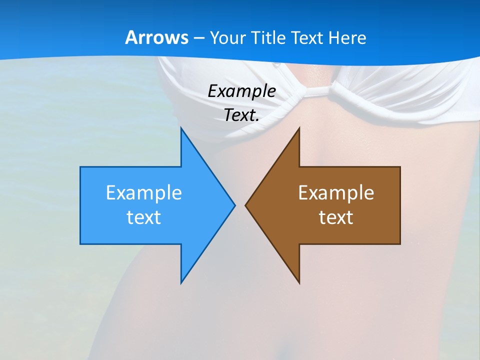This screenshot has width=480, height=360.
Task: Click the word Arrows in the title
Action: point(157,37)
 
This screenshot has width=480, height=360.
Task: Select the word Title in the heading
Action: point(268,37)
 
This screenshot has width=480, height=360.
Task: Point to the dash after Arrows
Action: point(198,38)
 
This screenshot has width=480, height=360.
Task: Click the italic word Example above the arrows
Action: point(242,91)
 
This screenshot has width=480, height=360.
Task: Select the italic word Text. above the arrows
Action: point(240,115)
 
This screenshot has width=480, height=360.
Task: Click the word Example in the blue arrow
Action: point(144,192)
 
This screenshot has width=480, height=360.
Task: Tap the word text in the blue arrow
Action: point(144,217)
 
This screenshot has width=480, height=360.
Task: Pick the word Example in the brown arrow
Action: point(336,192)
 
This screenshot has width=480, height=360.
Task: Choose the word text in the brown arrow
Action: point(336,217)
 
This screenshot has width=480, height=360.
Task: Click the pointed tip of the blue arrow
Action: point(234,205)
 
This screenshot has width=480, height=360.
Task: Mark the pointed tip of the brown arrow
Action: point(246,205)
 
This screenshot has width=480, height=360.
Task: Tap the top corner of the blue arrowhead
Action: point(181,128)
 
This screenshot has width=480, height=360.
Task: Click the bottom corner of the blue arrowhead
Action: point(181,282)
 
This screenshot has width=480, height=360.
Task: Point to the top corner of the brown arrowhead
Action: point(299,128)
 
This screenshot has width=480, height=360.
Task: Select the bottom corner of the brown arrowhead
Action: point(299,282)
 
